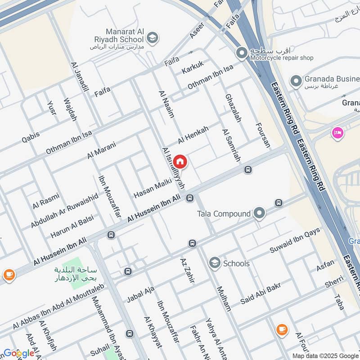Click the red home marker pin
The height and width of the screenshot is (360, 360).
point(180,161)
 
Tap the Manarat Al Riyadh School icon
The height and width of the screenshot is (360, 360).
point(153,37)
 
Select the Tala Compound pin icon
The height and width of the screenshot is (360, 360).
point(259,213)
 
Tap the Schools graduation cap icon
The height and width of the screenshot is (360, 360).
point(215,263)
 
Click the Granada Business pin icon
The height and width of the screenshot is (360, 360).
point(296,81)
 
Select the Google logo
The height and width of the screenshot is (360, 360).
point(18,353)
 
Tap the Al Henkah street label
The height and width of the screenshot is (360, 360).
point(193,135)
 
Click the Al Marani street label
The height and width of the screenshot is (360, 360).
point(102,150)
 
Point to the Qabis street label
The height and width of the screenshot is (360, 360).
point(31,137)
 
